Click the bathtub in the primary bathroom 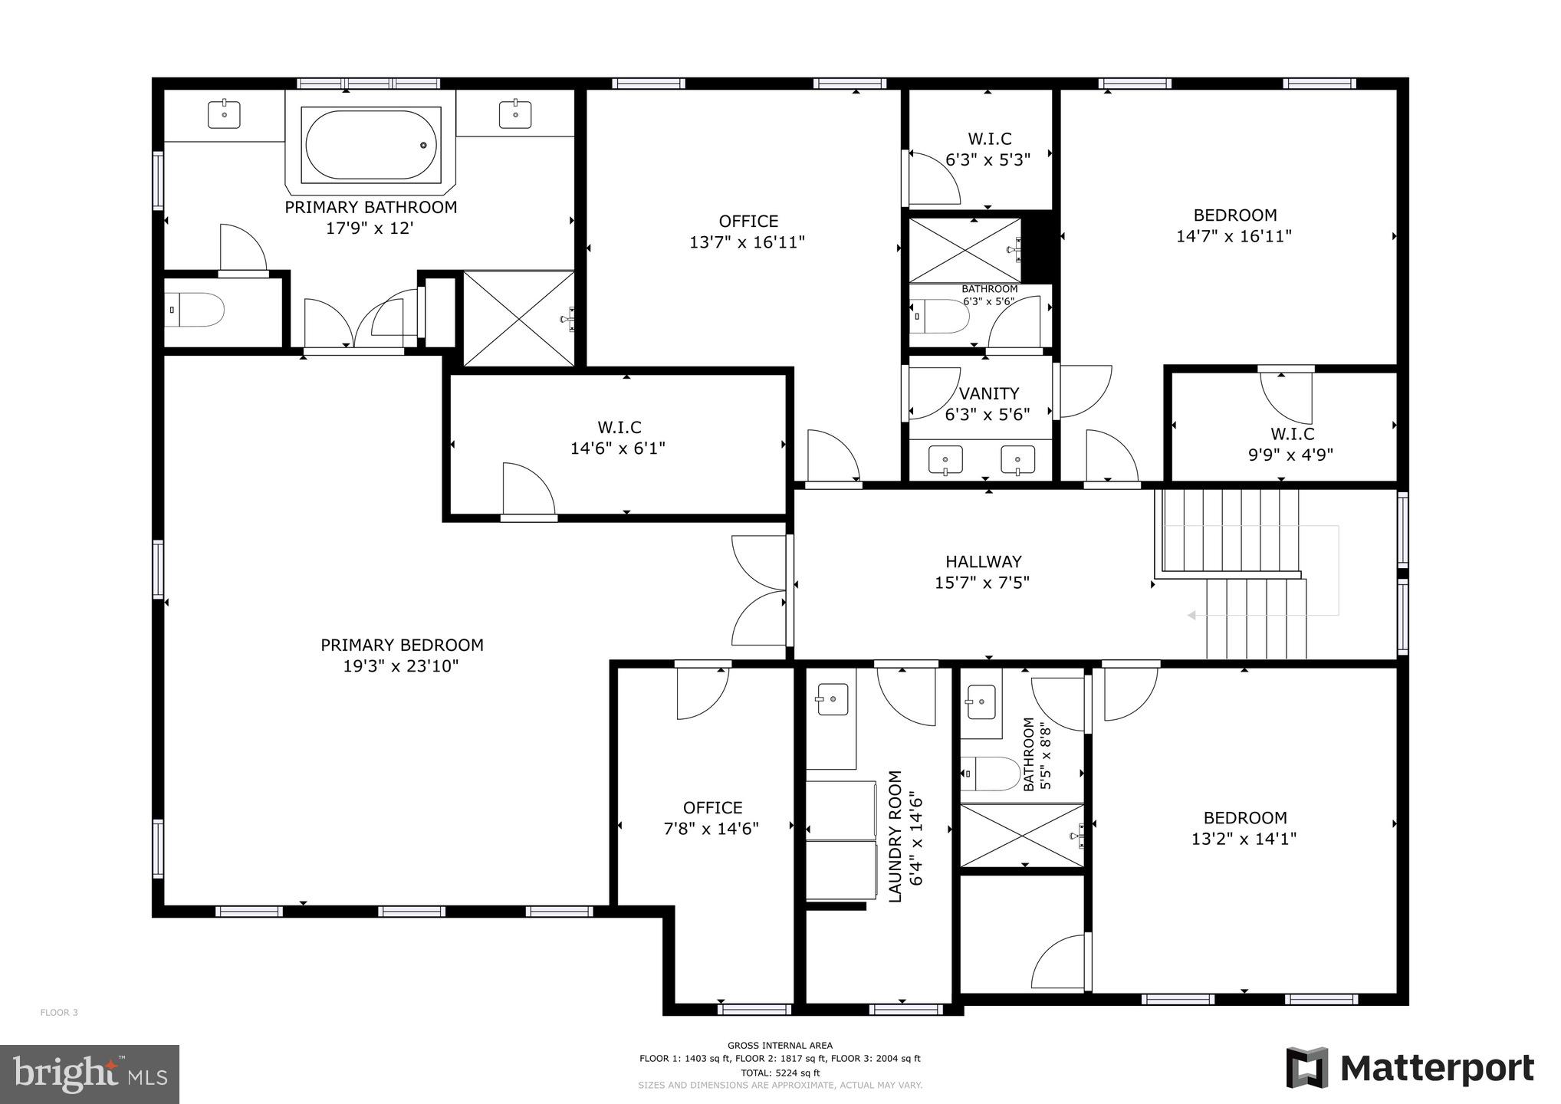pos(371,145)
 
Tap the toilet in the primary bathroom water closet pos(197,310)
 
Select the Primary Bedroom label pos(402,646)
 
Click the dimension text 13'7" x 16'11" pos(747,242)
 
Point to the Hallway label pos(983,562)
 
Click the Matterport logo pos(1411,1068)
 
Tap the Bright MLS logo pos(90,1073)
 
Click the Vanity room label pos(989,394)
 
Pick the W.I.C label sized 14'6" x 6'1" pos(619,427)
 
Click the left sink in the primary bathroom pos(224,114)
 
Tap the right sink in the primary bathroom pos(515,114)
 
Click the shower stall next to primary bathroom pos(519,318)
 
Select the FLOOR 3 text pos(59,1013)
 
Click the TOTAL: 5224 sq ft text pos(780,1073)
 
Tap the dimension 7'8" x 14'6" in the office pos(711,829)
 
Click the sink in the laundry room pos(832,699)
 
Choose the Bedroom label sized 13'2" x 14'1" pos(1244,818)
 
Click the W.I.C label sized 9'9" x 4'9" pos(1292,434)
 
